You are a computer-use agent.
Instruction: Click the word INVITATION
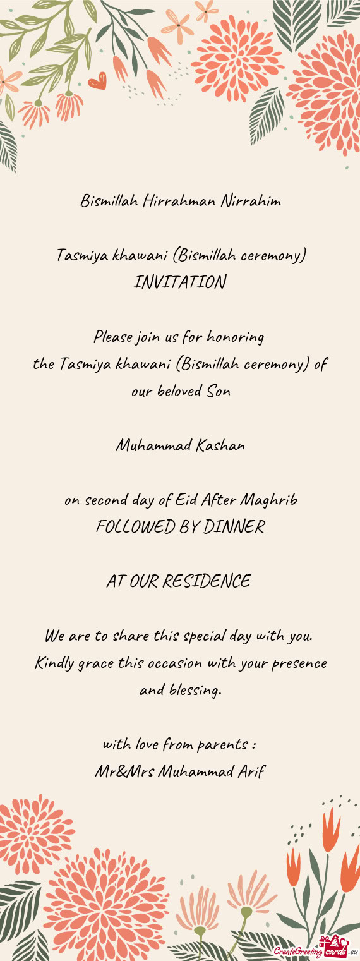[180, 282]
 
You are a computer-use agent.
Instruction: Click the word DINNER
[233, 527]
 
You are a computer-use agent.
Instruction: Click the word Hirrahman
[179, 202]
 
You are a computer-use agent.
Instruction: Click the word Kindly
[54, 664]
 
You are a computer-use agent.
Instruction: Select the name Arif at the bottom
[251, 771]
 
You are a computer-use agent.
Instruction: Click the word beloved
[179, 392]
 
